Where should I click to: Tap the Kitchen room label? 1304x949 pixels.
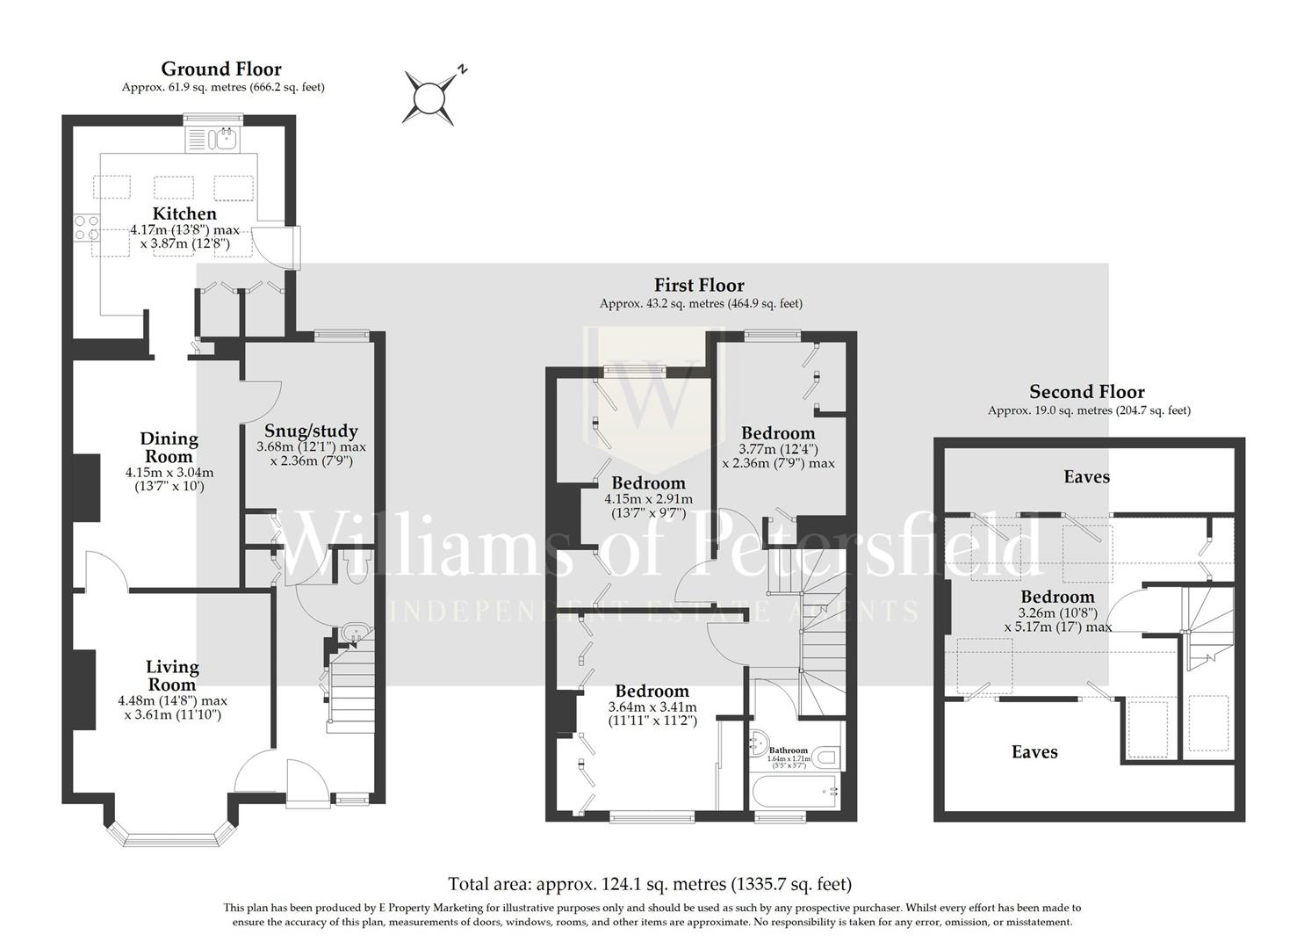click(184, 214)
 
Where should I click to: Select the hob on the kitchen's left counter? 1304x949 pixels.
click(87, 228)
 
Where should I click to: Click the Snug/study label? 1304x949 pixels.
click(311, 431)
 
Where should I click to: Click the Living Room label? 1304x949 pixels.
click(172, 676)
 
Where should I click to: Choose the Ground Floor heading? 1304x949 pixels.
click(221, 69)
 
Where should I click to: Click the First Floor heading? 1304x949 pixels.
click(699, 285)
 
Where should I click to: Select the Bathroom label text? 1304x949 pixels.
click(788, 750)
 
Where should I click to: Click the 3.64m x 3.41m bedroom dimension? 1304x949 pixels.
click(652, 707)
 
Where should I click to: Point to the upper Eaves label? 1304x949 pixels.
click(1086, 477)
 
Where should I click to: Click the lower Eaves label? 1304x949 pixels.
click(1034, 752)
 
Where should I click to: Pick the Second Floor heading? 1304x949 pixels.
click(1087, 392)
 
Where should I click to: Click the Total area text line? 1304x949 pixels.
click(650, 884)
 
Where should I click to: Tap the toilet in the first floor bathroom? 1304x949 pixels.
click(826, 756)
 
